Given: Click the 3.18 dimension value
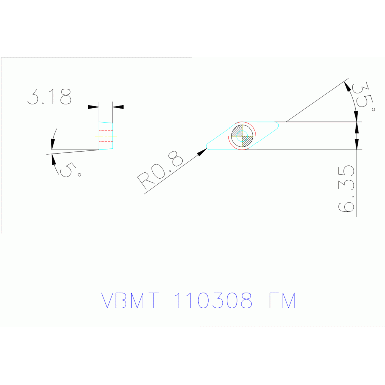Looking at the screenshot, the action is point(49,97).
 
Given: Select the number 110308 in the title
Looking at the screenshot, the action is point(213,301).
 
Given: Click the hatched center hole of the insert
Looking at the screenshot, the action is point(242,136).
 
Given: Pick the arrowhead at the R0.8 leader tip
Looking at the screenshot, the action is point(203,150).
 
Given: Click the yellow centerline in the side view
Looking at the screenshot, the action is point(106,136).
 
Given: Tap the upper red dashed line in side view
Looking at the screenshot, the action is point(105,131).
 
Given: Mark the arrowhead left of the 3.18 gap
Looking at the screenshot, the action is point(94,107).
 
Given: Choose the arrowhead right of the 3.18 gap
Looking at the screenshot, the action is point(118,107).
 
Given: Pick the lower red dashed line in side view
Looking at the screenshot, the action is point(105,141).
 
